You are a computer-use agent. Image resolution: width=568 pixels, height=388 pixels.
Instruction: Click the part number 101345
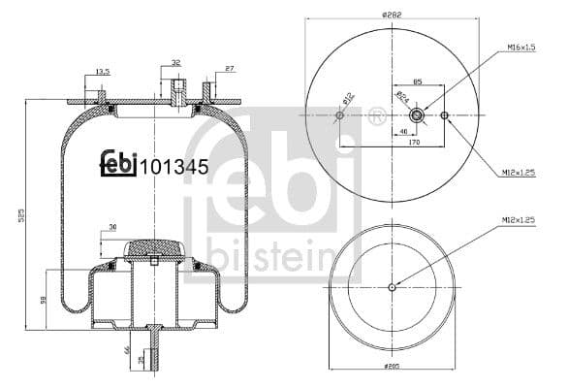click(175, 166)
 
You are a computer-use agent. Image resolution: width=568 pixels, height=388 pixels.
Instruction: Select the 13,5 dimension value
click(102, 71)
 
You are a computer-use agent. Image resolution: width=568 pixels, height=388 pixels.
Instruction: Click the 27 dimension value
click(229, 69)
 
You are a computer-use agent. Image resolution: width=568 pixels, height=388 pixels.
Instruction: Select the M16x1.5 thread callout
click(521, 47)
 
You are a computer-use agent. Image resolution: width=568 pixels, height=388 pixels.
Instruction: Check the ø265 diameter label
click(393, 368)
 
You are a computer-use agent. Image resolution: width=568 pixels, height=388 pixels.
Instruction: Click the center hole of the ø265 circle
click(392, 286)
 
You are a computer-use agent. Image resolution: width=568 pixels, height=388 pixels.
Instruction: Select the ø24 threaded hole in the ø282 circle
click(417, 115)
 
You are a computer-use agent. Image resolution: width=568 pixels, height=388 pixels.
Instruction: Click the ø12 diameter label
click(347, 99)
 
